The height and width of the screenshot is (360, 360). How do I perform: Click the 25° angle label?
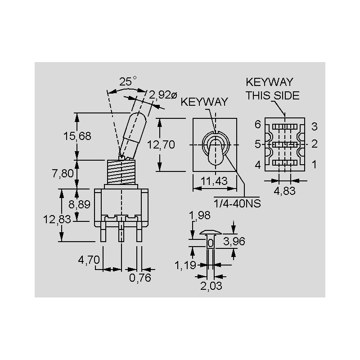pyautogui.click(x=128, y=81)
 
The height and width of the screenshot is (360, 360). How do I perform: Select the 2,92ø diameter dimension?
pyautogui.click(x=163, y=95)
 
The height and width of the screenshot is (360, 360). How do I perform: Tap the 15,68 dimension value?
pyautogui.click(x=77, y=136)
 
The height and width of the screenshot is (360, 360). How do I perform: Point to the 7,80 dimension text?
pyautogui.click(x=63, y=173)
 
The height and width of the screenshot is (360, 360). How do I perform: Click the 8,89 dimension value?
pyautogui.click(x=80, y=204)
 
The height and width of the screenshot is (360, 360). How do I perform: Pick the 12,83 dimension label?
pyautogui.click(x=57, y=220)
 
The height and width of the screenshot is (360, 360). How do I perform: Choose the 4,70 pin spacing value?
pyautogui.click(x=89, y=260)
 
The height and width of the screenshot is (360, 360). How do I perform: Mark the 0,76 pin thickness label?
pyautogui.click(x=140, y=278)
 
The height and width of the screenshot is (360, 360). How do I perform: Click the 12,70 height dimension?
pyautogui.click(x=161, y=145)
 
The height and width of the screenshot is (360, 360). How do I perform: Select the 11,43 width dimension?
pyautogui.click(x=214, y=181)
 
